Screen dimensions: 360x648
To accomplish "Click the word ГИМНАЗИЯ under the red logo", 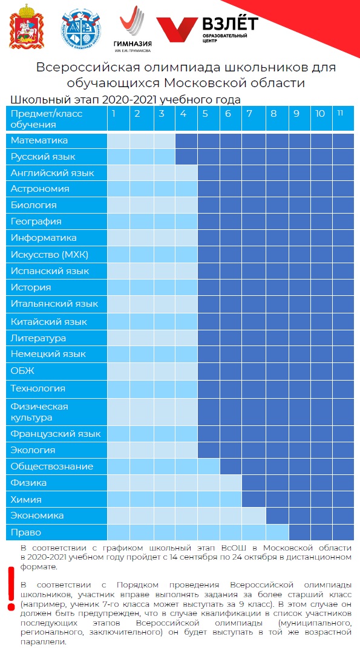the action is point(133,44).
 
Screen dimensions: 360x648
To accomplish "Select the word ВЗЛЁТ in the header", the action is point(230,24).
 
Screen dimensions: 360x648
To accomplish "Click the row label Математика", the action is point(39,140).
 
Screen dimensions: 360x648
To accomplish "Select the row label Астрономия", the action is point(40,189).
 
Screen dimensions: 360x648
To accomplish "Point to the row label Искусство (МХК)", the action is point(50,255).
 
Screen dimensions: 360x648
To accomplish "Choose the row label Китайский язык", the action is point(49,321).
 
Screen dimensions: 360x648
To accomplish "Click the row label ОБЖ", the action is point(22,371).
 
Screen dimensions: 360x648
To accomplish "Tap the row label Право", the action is point(26,532).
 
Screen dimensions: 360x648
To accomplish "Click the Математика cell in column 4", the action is point(186,140).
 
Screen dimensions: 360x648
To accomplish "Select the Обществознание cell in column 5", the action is point(209,466).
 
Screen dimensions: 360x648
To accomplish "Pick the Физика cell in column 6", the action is point(231,483).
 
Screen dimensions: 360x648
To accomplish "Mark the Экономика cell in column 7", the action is point(254,515).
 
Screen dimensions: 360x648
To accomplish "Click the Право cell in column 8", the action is point(277,532).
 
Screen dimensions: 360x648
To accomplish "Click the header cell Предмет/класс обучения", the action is point(57,118).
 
